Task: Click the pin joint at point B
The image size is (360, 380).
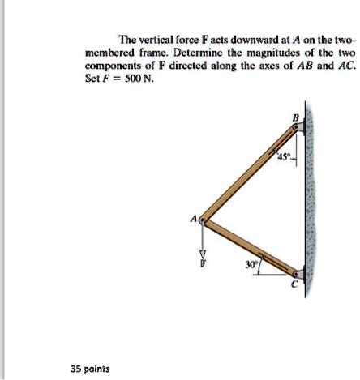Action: tap(298, 128)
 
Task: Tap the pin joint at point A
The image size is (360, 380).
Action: tap(204, 218)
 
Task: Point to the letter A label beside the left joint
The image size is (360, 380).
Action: tap(193, 217)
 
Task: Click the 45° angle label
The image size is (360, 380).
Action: tap(282, 156)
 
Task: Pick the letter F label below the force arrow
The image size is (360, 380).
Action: tap(204, 263)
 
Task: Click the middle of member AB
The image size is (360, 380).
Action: tap(251, 173)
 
